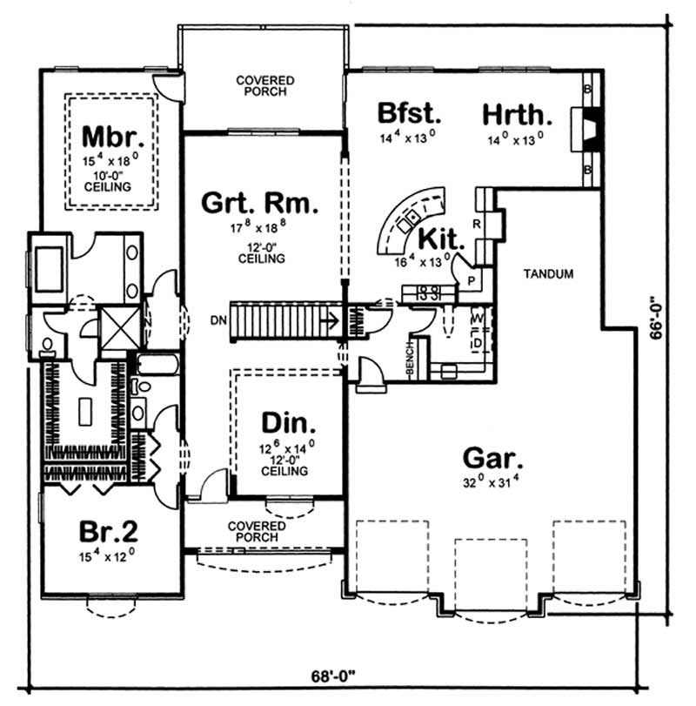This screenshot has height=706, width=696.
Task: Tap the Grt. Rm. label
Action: click(x=260, y=205)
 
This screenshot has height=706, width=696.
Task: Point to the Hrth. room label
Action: click(x=518, y=114)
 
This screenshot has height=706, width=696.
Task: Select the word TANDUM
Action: click(x=549, y=274)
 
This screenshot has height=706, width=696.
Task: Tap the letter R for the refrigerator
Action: click(x=477, y=224)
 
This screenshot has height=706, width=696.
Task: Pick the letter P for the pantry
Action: click(x=471, y=281)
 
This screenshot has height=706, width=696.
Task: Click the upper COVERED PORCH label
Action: click(x=264, y=85)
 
